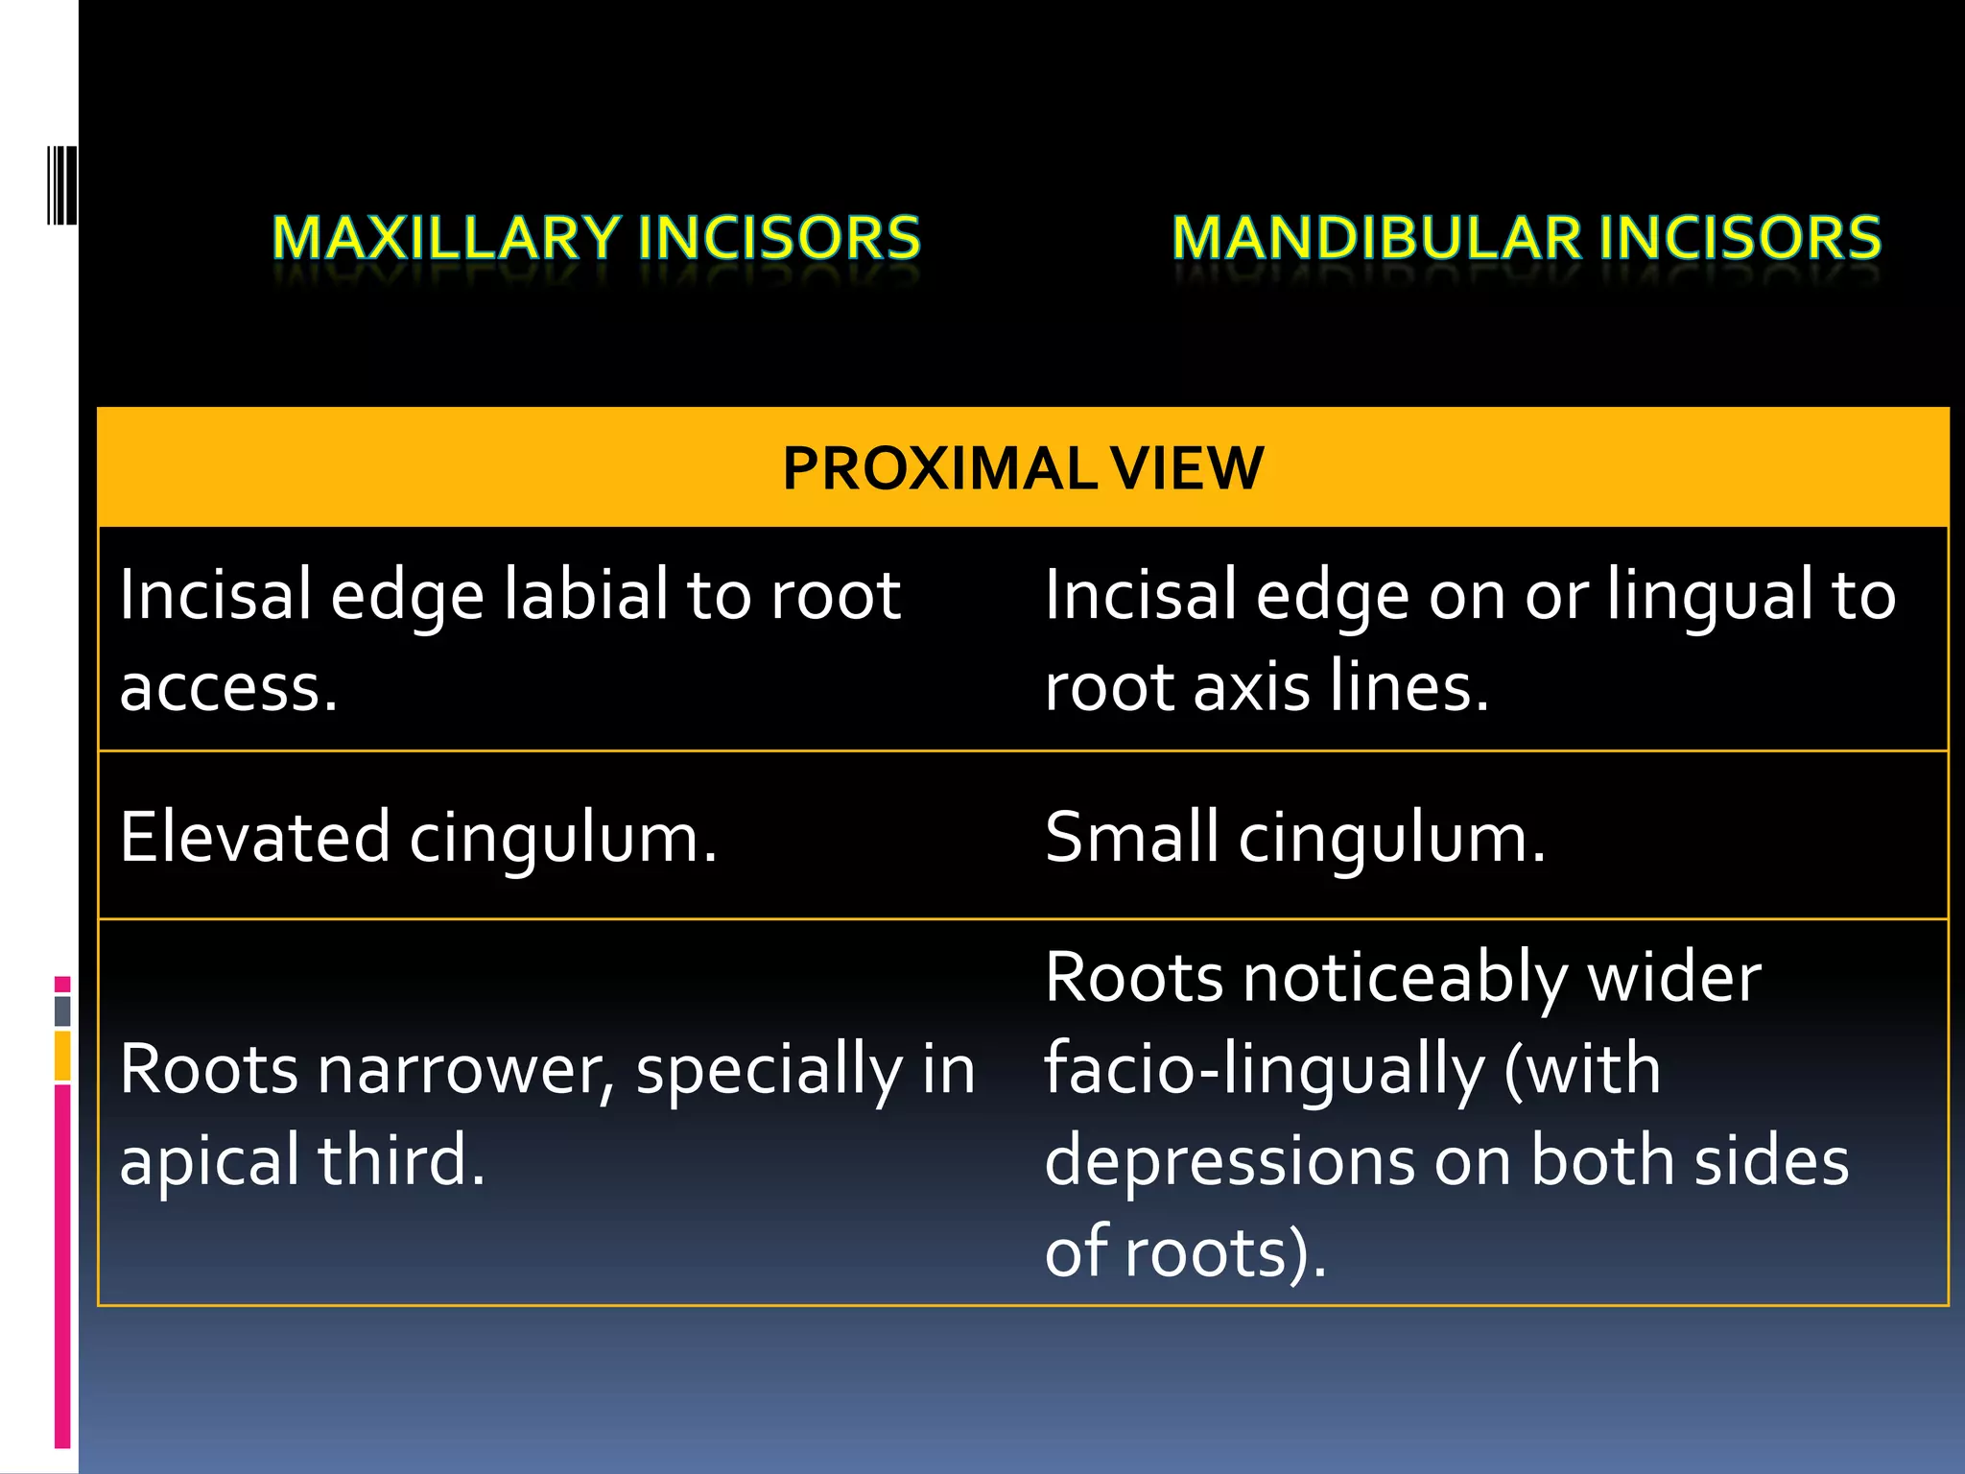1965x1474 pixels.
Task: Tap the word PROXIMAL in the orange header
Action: pos(939,468)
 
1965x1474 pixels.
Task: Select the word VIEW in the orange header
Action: pos(1187,468)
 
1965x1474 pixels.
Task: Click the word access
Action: pos(228,687)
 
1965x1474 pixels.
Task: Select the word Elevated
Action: pos(255,837)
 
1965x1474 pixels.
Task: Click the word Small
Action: pos(1131,837)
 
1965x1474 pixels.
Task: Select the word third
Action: pos(401,1160)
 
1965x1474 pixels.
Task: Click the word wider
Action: pos(1674,978)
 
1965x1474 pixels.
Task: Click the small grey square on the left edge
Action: pos(62,1010)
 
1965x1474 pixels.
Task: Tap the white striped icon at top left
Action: pos(62,184)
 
